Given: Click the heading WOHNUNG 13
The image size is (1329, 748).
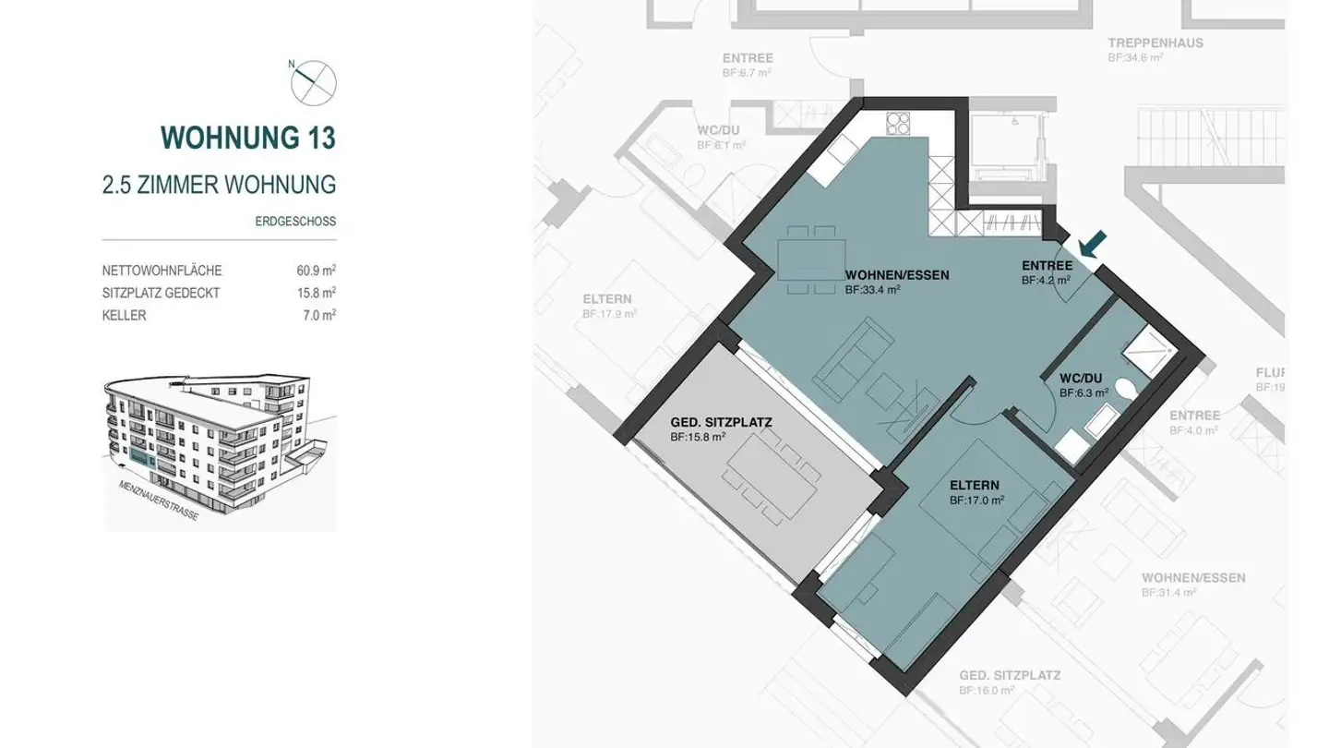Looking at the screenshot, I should pyautogui.click(x=247, y=138).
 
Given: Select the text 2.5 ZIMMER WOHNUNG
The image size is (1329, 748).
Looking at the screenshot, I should pyautogui.click(x=219, y=185).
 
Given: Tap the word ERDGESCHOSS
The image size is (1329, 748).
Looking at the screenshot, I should pyautogui.click(x=295, y=222).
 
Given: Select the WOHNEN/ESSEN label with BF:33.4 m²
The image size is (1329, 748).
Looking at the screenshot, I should pyautogui.click(x=896, y=281).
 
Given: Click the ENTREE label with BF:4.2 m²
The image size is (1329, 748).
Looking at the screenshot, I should pyautogui.click(x=1047, y=271).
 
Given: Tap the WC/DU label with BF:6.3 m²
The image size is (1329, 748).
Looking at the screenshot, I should pyautogui.click(x=1082, y=385).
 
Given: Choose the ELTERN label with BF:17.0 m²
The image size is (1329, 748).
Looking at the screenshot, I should pyautogui.click(x=975, y=491).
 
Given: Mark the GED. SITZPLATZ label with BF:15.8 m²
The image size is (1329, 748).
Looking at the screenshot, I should pyautogui.click(x=720, y=428).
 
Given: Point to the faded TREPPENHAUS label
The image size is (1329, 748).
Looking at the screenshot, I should pyautogui.click(x=1155, y=43).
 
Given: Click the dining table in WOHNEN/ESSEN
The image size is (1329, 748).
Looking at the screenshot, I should pyautogui.click(x=811, y=259).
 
